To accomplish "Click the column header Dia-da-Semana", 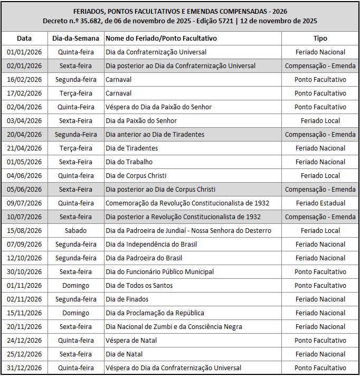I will tap(76, 39).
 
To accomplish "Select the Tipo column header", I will tap(320, 39).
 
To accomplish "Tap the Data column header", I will tap(24, 39).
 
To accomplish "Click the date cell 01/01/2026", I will tap(24, 52).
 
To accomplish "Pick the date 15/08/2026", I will tap(24, 231).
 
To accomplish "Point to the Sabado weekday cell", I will tap(76, 231).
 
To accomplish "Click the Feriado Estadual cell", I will tap(320, 203).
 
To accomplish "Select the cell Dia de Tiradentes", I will tap(131, 148).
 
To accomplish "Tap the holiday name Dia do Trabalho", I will tap(129, 162).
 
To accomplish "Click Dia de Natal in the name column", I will tap(124, 354).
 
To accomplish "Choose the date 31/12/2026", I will tap(24, 368).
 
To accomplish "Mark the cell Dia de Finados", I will tap(127, 299).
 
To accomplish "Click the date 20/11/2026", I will tap(24, 327).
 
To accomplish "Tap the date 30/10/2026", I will tap(24, 272).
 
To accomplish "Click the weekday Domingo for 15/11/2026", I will tap(76, 313).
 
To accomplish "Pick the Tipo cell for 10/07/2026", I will tap(320, 217).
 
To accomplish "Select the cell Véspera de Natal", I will tap(131, 341).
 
